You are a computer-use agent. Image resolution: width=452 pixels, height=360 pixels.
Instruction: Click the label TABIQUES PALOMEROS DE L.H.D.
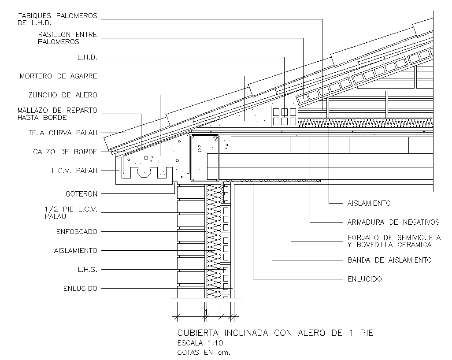(x=57, y=19)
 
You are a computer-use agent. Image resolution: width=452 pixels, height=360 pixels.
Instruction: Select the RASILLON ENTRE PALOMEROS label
(x=67, y=38)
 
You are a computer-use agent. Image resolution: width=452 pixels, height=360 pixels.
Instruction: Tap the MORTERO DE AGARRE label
(x=58, y=76)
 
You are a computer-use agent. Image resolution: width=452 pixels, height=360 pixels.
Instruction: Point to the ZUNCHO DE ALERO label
(x=63, y=95)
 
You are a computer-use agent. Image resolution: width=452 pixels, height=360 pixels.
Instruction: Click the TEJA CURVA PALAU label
(x=63, y=132)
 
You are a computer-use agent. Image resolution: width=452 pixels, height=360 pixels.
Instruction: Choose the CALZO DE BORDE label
(x=65, y=152)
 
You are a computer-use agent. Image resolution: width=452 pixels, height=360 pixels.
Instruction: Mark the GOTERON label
(x=82, y=193)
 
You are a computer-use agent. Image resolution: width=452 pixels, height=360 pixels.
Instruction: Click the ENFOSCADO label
(x=77, y=231)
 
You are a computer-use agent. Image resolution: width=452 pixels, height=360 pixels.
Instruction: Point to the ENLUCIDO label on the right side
(x=364, y=279)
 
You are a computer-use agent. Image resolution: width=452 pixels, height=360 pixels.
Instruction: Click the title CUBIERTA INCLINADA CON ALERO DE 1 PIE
(x=275, y=333)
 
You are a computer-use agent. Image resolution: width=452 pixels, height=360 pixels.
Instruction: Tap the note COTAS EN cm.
(x=204, y=352)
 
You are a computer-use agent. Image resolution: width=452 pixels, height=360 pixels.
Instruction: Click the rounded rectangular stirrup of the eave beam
(x=204, y=158)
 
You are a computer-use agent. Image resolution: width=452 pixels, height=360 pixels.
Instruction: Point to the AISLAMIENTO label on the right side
(x=369, y=203)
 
